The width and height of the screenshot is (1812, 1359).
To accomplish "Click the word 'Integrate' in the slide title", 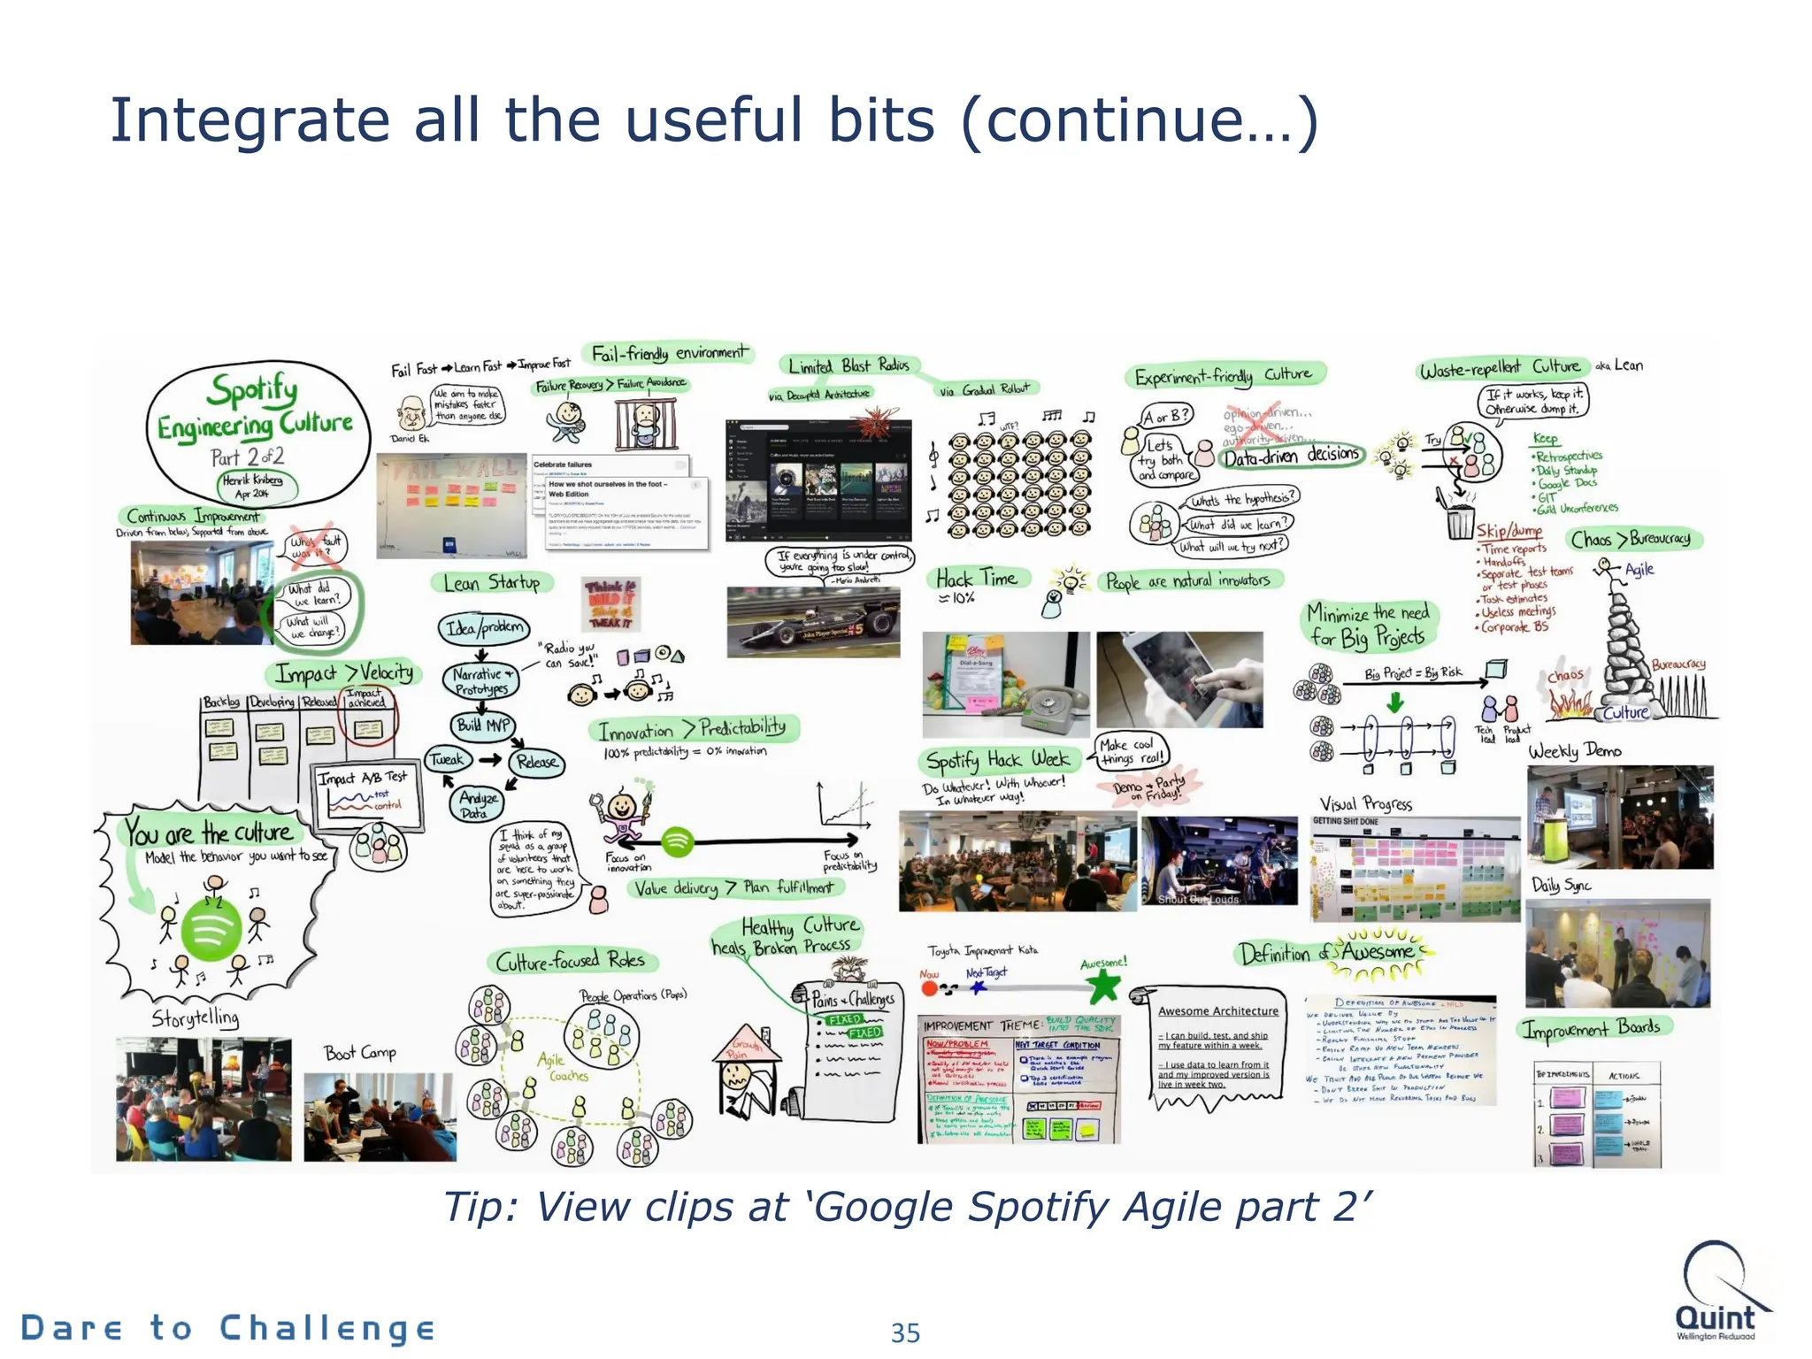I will [x=250, y=120].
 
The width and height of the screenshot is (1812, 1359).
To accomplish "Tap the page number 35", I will [x=905, y=1332].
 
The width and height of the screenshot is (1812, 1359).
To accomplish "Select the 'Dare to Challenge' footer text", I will [x=228, y=1328].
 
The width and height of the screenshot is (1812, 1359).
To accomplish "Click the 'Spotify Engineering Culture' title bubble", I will [x=257, y=429].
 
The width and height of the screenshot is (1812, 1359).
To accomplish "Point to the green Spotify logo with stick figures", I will [x=211, y=929].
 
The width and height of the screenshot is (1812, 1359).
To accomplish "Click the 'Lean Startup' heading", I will [x=492, y=582].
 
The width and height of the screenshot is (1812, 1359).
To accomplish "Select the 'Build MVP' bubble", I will [x=482, y=726].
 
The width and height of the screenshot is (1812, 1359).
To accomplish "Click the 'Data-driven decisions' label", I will [x=1291, y=456].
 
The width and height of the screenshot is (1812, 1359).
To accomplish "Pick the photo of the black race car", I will [x=812, y=623].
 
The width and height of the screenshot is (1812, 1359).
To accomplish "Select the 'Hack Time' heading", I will [x=977, y=579].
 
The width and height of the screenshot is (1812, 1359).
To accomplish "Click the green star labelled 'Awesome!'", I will [x=1103, y=986].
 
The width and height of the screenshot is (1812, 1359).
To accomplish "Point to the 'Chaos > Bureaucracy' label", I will [x=1636, y=539].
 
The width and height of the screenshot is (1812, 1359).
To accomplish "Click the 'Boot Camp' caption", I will [x=360, y=1053].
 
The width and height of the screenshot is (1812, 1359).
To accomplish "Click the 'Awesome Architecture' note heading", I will [x=1218, y=1010].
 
